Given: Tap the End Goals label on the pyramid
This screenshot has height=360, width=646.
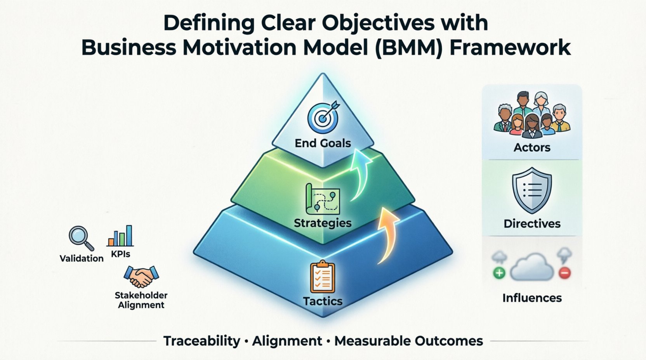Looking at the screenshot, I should (323, 143).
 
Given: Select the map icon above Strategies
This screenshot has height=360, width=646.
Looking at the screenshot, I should (323, 199).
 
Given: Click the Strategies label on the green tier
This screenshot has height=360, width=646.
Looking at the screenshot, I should (323, 223).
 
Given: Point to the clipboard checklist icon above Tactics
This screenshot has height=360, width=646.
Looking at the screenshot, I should (322, 277).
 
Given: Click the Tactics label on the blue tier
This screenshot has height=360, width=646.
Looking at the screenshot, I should (323, 301).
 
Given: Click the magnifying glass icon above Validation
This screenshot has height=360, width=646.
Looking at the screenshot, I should (81, 238).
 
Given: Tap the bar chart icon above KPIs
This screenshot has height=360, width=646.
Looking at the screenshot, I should (120, 236).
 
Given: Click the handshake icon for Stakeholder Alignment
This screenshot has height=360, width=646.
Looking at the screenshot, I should (141, 276).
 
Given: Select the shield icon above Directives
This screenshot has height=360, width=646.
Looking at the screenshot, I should (532, 190).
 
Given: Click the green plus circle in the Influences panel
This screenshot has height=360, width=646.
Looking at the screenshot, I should (499, 273).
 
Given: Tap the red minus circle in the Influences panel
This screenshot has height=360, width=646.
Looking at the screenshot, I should (564, 273).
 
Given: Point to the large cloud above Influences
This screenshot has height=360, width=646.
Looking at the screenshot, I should (532, 267).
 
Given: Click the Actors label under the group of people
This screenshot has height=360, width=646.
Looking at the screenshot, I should (532, 147).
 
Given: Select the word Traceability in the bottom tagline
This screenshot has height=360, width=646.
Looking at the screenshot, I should (201, 341).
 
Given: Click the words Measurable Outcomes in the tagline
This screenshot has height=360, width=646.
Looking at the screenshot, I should (408, 341).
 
